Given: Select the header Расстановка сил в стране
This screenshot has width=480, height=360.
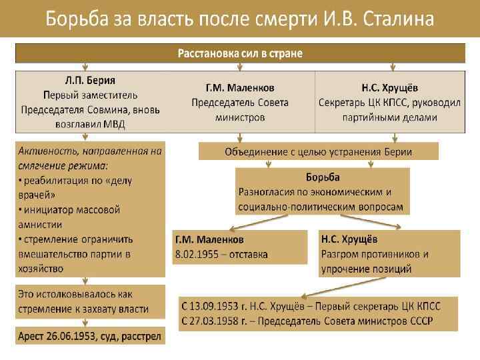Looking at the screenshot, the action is pyautogui.click(x=240, y=53).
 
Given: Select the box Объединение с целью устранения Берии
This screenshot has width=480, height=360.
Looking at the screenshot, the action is pyautogui.click(x=318, y=151).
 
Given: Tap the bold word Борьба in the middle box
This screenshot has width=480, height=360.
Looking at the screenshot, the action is pyautogui.click(x=323, y=177).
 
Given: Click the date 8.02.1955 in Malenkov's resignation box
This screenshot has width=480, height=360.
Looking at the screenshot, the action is pyautogui.click(x=197, y=254).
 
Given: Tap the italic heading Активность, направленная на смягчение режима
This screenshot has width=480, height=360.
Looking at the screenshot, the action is pyautogui.click(x=90, y=157).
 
